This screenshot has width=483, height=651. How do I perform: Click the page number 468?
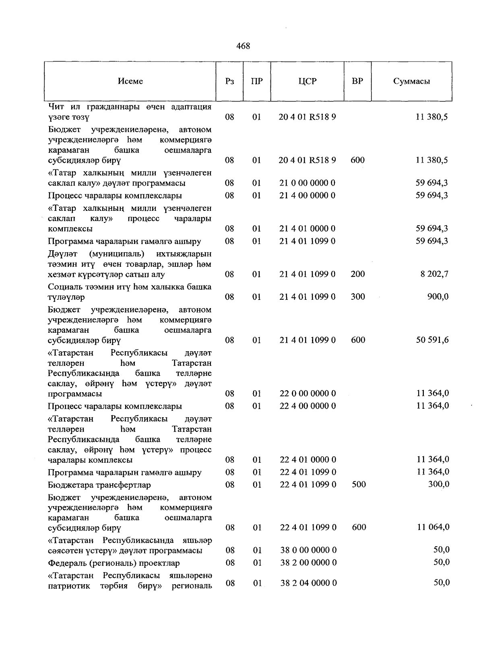click(x=243, y=46)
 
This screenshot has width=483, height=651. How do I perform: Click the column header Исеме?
click(x=130, y=81)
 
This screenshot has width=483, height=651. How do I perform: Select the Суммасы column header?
click(x=411, y=81)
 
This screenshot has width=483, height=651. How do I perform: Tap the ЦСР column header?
click(x=308, y=81)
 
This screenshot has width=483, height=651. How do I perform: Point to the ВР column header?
click(x=357, y=81)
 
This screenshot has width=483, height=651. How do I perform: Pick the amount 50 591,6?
click(x=432, y=340)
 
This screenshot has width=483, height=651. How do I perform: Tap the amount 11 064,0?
click(x=433, y=527)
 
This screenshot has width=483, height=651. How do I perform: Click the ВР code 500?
click(x=359, y=484)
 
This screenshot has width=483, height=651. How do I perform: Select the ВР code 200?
click(x=358, y=274)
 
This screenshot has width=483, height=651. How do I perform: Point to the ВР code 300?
click(x=358, y=297)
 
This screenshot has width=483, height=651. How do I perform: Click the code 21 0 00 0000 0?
click(x=308, y=183)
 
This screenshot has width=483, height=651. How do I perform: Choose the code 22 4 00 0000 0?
click(x=308, y=406)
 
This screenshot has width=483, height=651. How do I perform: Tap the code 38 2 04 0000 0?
click(x=308, y=583)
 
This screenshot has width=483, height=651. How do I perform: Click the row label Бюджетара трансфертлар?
click(x=99, y=485)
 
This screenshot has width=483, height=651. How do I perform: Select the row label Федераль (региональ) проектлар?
click(x=114, y=563)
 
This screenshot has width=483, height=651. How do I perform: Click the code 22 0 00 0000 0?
click(x=308, y=393)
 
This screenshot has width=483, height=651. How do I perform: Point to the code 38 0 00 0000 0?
click(x=308, y=550)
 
